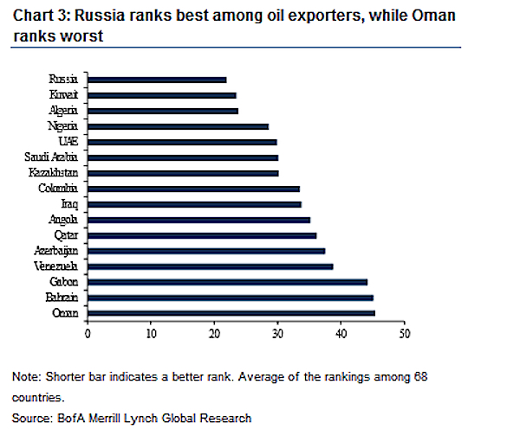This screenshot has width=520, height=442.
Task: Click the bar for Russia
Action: pyautogui.click(x=156, y=80)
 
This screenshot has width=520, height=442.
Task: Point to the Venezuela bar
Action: pyautogui.click(x=210, y=266)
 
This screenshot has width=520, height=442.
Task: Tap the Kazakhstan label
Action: pyautogui.click(x=55, y=173)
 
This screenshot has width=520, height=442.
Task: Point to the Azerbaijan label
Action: pyautogui.click(x=55, y=250)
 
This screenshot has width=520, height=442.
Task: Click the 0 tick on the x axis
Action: pyautogui.click(x=88, y=331)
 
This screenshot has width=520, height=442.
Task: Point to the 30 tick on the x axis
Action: pyautogui.click(x=276, y=331)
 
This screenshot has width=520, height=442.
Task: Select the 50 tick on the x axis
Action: pyautogui.click(x=403, y=331)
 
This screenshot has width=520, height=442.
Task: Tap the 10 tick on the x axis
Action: pyautogui.click(x=151, y=331)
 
